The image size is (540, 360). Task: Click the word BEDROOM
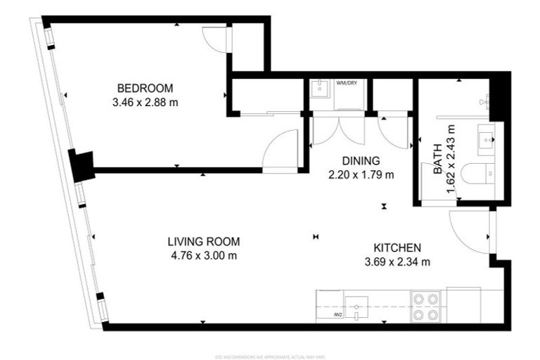[145, 88]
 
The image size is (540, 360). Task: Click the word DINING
[361, 160]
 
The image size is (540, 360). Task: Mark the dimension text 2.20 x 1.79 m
[361, 174]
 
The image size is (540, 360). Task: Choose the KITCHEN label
[397, 248]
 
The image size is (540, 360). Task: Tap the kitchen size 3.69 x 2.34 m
[397, 262]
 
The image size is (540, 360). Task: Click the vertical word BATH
[437, 161]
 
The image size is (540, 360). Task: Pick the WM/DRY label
[346, 83]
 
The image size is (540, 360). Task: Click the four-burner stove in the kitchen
[425, 307]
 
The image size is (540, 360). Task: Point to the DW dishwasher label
[339, 314]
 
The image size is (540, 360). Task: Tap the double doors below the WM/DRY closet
[339, 129]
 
